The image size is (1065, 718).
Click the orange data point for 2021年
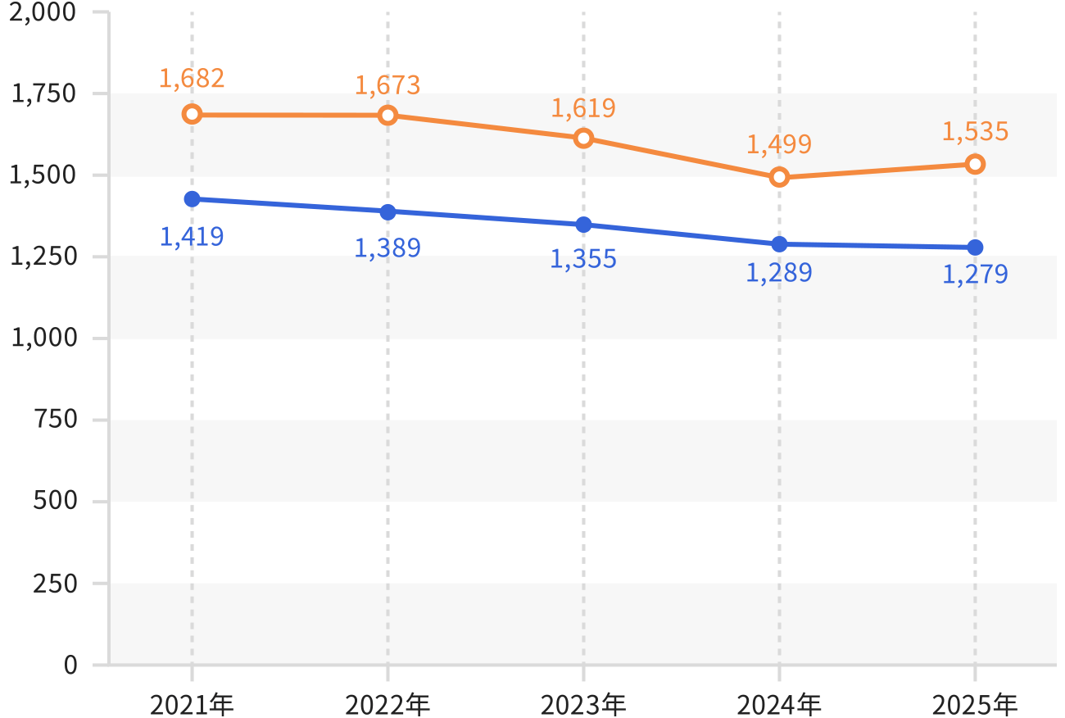[192, 114]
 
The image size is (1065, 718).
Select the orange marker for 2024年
[779, 177]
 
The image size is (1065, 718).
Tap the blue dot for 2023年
[584, 225]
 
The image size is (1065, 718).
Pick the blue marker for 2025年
[975, 248]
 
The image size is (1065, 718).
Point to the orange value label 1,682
[192, 79]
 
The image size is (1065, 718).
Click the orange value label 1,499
[779, 144]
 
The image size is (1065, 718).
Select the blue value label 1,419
[192, 237]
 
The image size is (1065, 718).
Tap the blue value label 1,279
[975, 275]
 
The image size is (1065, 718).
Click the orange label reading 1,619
[583, 108]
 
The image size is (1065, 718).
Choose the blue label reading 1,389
[387, 248]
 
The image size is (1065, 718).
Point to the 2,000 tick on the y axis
[43, 12]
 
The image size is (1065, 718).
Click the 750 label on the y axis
[56, 419]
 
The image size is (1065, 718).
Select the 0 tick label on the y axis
[70, 665]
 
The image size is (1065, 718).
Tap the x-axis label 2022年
[387, 705]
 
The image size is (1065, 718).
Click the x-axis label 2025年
[975, 705]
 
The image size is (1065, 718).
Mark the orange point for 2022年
[388, 115]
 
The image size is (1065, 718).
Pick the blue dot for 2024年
[779, 244]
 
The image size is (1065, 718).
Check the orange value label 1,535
[975, 132]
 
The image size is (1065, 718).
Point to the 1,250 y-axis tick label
[43, 257]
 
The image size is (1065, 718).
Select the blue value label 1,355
[583, 259]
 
